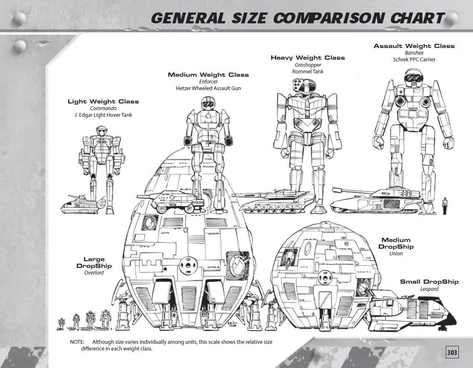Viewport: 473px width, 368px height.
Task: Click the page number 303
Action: [452, 353]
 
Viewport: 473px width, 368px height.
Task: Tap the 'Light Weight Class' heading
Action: [103, 101]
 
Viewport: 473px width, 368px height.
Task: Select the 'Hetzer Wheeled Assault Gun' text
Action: [208, 88]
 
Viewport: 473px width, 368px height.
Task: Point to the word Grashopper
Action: [308, 65]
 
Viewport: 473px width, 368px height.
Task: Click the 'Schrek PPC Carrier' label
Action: [414, 60]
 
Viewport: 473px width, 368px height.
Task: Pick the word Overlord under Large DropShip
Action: [94, 273]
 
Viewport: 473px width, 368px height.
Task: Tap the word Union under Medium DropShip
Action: [396, 254]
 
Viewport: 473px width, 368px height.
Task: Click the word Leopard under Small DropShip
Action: [429, 289]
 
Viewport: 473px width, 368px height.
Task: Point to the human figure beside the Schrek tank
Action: [444, 205]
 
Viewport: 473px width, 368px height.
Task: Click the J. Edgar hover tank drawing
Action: [80, 204]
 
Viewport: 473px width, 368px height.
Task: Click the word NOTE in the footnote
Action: [77, 342]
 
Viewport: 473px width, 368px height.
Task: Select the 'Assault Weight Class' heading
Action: [414, 46]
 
